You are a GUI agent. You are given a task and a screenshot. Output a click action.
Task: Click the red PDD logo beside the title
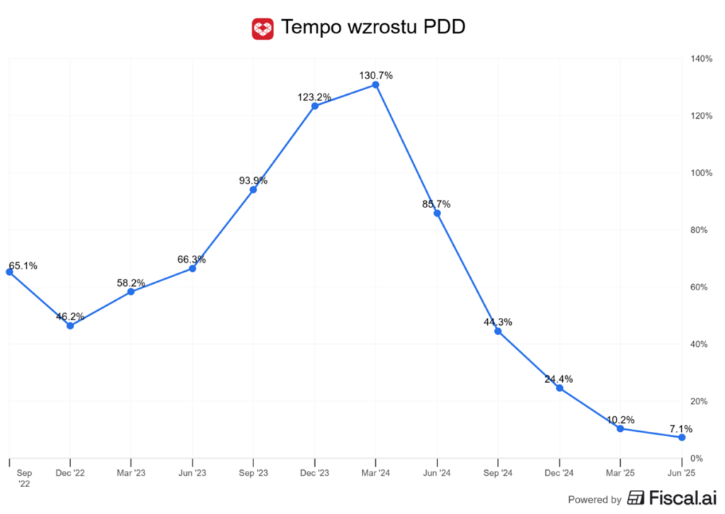pos(263,28)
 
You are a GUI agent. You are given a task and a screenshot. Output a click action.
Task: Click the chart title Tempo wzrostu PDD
pos(373,28)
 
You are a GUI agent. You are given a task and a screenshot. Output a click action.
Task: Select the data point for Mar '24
pos(375,85)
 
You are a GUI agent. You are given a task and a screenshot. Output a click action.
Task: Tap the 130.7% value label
pos(375,75)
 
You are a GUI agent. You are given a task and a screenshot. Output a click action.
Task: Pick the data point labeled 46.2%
pos(70,326)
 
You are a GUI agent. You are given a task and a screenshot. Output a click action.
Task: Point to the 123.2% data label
pos(314,96)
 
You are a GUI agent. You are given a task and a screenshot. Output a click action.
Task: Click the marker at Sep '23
pos(253,190)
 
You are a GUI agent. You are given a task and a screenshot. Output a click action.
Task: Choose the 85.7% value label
pos(436,204)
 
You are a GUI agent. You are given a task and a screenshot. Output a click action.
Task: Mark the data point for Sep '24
pos(498,331)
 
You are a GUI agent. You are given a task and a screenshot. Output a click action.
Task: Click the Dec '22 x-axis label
pos(70,473)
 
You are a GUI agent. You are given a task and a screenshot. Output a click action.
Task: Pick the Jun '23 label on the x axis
pos(192,473)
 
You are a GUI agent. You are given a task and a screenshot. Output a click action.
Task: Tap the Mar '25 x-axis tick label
pos(620,473)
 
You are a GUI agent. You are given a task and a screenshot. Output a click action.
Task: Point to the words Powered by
pos(595,499)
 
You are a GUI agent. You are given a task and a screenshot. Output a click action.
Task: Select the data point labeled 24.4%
pos(559,388)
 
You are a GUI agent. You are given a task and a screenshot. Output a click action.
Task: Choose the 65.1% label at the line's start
pos(23,266)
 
